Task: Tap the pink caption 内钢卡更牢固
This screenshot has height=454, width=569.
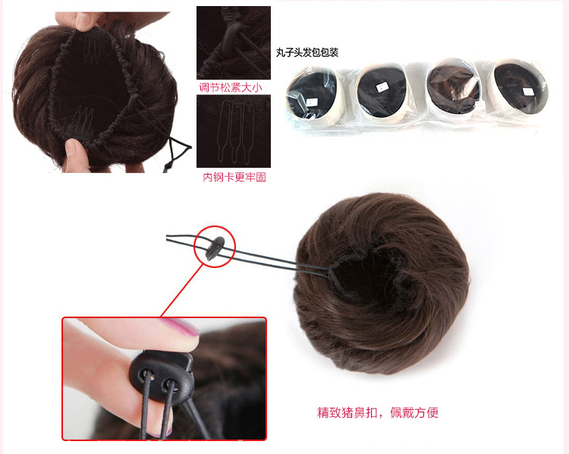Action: [x=234, y=177]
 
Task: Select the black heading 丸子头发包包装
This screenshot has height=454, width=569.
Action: [x=307, y=52]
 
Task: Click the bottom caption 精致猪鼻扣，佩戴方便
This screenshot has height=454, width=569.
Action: [x=377, y=413]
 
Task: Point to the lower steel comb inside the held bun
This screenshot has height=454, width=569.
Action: [x=81, y=115]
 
